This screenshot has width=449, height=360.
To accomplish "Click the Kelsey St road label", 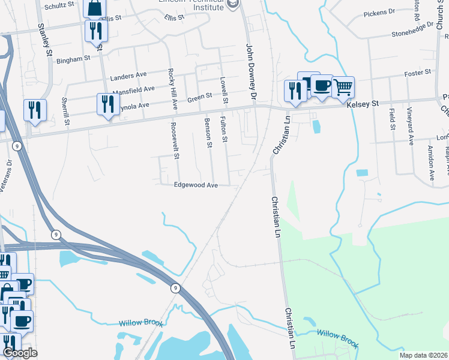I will coord(363,104).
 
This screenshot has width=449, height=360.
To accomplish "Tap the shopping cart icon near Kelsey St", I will coord(343,87).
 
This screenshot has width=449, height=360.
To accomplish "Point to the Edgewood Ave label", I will coord(196,185).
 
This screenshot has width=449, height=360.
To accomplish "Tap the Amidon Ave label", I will coord(430,163).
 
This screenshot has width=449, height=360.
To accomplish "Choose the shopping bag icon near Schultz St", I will coord(95,8).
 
